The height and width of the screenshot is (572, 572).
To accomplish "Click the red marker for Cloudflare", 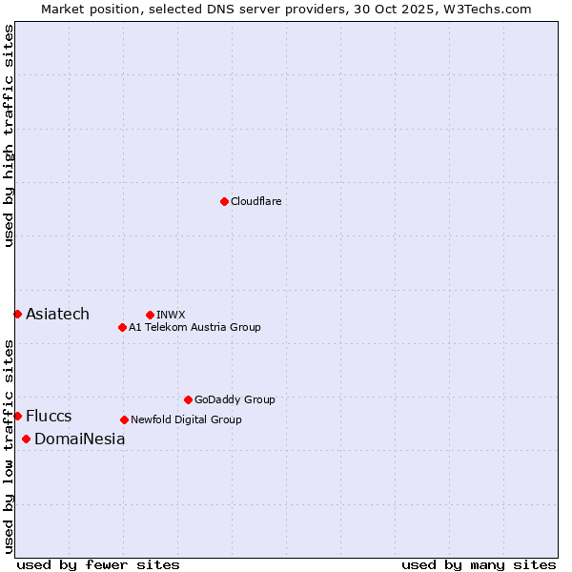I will point(224,201).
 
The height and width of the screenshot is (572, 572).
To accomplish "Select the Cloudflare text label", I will point(255,201).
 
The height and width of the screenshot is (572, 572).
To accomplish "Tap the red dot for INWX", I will point(150,315).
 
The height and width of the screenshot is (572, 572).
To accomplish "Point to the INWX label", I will point(171,315).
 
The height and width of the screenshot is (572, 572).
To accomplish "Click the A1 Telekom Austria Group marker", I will point(122,327).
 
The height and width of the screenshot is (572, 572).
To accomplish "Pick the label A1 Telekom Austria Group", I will point(194,327).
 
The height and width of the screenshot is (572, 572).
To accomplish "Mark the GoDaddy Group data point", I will point(188,399).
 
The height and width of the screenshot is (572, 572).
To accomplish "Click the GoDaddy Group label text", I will point(235,399).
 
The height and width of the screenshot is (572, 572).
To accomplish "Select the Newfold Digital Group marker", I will point(124,419).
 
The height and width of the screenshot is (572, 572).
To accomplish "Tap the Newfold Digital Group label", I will point(186,419).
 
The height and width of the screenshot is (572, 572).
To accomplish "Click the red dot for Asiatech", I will point(17,314).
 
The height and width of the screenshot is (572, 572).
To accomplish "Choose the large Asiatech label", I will point(57,314).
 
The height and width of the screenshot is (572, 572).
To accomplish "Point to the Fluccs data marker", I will point(17,416).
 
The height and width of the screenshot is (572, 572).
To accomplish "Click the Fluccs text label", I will point(49,416).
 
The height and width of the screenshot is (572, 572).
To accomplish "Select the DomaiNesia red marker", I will point(26,439).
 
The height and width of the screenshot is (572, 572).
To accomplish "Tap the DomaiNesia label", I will point(79,439).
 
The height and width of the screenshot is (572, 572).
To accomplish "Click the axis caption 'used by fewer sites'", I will point(98,564).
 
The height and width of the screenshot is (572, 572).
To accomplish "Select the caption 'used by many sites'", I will point(479,564).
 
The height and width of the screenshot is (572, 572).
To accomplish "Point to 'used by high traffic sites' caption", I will point(9,135).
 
